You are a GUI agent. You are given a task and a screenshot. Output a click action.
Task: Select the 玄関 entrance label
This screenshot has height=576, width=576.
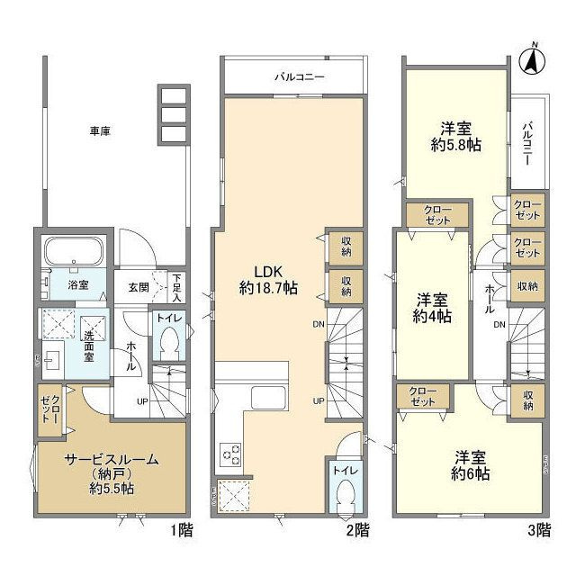click(x=138, y=288)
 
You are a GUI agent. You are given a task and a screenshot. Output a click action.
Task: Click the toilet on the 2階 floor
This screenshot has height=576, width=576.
click(x=344, y=491)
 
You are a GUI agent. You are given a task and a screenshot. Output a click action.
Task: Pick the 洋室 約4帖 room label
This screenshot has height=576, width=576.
click(x=433, y=308)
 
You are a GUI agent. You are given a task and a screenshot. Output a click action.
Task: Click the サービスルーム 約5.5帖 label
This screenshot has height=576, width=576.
click(x=111, y=473)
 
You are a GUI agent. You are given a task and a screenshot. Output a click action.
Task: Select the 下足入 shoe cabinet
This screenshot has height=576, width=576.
click(x=177, y=288)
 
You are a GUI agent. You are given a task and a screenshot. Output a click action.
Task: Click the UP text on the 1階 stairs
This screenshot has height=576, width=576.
click(x=142, y=400)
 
